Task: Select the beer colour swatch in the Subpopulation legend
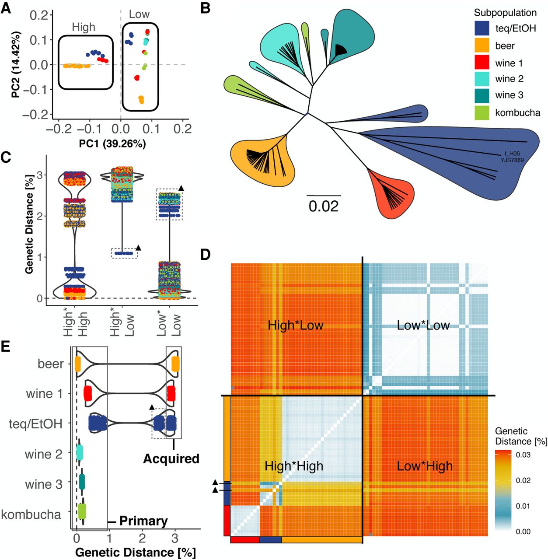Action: [482, 45]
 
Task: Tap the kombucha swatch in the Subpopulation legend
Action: [482, 112]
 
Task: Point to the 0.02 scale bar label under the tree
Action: [323, 206]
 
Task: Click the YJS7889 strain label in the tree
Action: [512, 160]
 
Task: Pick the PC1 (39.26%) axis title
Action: [112, 143]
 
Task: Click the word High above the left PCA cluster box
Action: [84, 27]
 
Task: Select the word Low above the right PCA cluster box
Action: [139, 14]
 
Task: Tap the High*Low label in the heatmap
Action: [295, 325]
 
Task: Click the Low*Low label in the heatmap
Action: [423, 325]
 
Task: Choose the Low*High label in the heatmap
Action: [425, 466]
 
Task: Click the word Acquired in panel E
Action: [171, 458]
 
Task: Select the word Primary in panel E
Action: [143, 521]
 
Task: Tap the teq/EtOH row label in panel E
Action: [36, 424]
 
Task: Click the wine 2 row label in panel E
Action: [44, 454]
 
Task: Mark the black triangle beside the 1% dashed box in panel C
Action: [139, 248]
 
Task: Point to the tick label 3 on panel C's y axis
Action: [39, 175]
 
